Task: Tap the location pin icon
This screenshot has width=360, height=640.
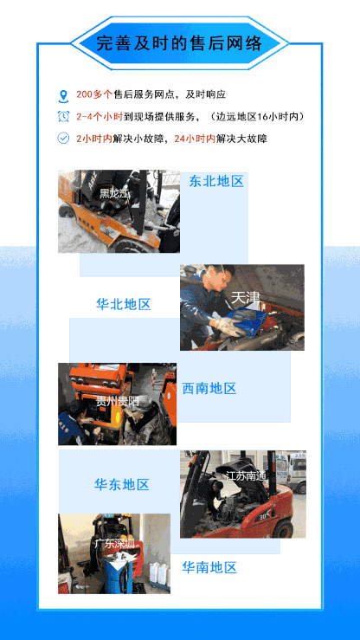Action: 62,95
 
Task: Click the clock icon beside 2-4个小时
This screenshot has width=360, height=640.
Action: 62,116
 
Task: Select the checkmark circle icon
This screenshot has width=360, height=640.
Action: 62,138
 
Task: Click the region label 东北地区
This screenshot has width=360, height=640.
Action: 217,181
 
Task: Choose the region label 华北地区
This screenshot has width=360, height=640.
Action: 123,304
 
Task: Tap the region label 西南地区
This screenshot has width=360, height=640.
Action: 209,388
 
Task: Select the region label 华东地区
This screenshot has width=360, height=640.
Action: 122,484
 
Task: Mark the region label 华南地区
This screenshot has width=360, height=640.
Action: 209,567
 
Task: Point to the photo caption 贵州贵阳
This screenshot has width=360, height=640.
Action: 117,402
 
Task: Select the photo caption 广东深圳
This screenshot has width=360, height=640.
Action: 114,543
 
